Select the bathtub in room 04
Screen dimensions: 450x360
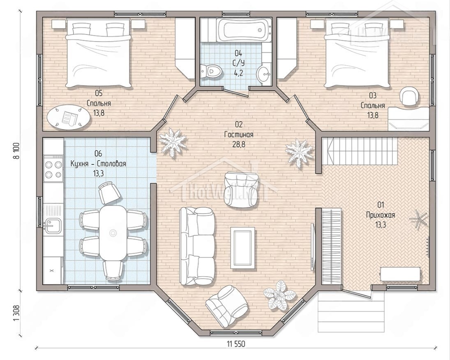point(244,30)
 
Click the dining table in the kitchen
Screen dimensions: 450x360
point(113,233)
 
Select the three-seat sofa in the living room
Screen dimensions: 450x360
point(197,246)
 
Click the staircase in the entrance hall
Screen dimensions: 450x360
point(360,151)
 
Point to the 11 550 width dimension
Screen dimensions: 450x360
point(236,344)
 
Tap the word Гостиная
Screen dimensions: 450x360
point(239,134)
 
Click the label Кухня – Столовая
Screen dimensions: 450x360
point(98,164)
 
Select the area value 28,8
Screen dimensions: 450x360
point(239,144)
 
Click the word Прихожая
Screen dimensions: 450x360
point(381,215)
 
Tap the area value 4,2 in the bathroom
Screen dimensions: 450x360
point(239,73)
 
